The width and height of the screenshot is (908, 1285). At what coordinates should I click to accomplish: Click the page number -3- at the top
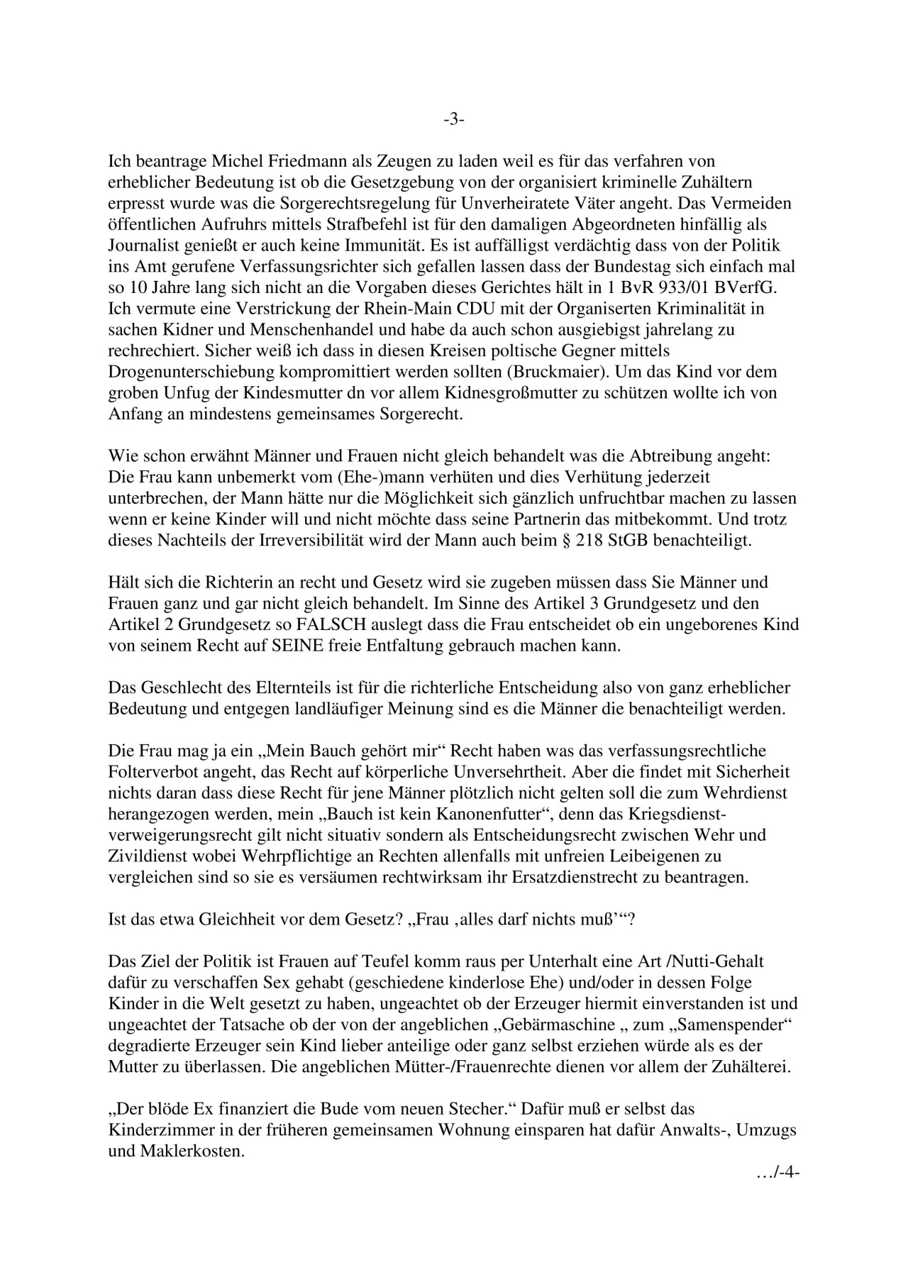pos(454,119)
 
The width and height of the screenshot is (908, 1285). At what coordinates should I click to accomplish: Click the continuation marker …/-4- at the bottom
pos(778,1173)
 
